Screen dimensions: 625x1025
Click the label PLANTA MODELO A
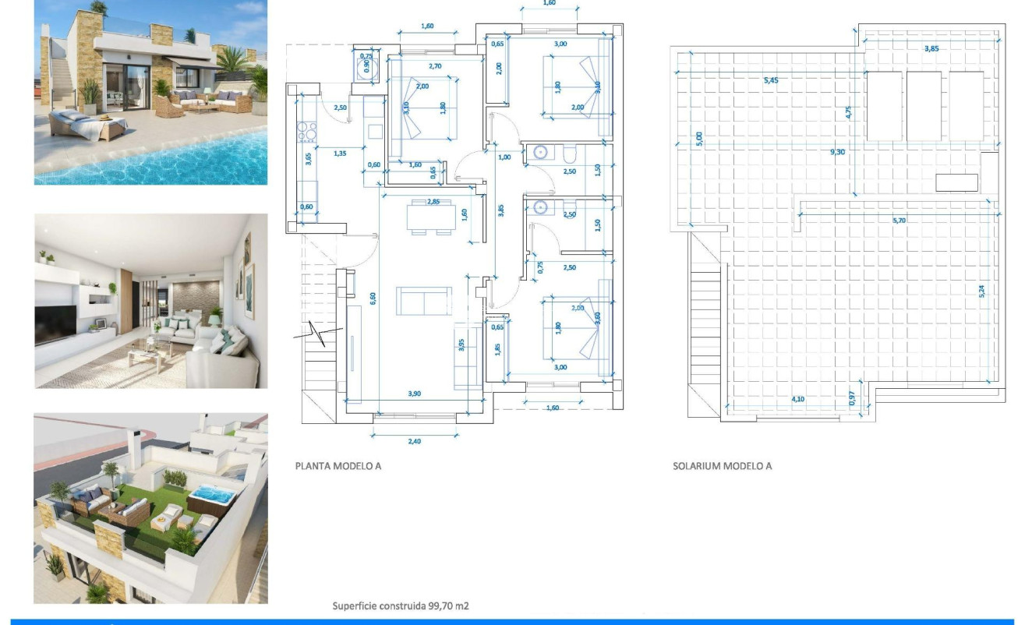[x=338, y=466]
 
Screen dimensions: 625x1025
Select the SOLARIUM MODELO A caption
[x=722, y=466]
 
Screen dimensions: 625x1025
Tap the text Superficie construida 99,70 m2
[x=401, y=606]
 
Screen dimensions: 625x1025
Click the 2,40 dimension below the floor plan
[x=414, y=441]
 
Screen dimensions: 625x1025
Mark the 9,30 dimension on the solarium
[x=839, y=152]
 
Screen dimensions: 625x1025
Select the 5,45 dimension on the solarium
[x=771, y=79]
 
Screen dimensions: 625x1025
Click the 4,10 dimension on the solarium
[x=798, y=399]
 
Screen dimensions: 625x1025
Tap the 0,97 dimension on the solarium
[x=852, y=397]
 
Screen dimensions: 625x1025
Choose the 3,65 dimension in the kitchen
[x=308, y=161]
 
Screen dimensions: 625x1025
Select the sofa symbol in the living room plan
[x=423, y=301]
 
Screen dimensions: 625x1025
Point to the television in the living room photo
[x=55, y=323]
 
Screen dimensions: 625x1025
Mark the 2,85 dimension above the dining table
[x=429, y=202]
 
